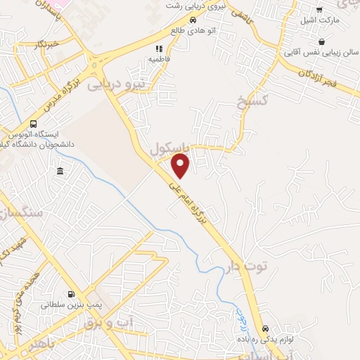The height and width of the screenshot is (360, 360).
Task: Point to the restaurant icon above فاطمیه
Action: [x=160, y=49]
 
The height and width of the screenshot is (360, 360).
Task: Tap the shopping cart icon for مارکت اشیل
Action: [x=320, y=10]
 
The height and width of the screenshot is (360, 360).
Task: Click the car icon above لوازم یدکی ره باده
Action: [x=265, y=328]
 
